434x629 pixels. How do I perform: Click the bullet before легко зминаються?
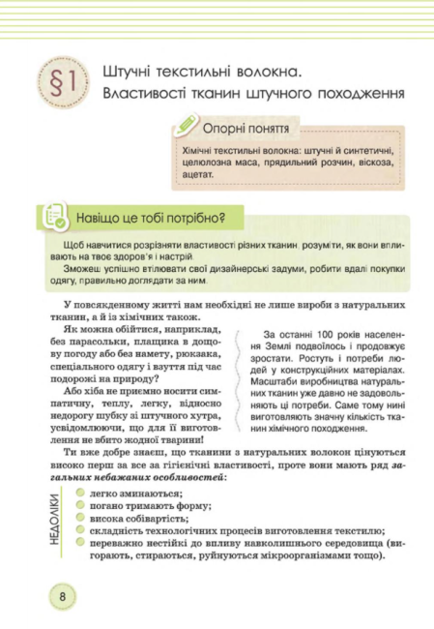coord(81,493)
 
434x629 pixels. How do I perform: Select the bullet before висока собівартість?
coord(81,518)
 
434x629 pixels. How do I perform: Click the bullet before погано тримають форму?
coord(81,505)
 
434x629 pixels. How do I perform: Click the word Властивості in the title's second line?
coord(140,94)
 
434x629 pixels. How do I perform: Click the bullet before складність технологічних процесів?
coord(81,530)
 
